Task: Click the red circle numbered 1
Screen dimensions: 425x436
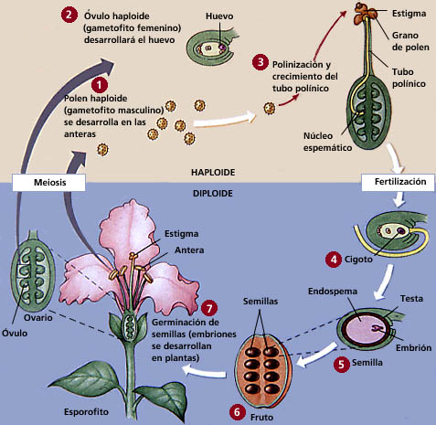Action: coord(113,83)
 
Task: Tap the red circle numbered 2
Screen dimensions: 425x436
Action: coord(69,16)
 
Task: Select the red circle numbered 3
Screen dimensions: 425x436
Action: coord(261,63)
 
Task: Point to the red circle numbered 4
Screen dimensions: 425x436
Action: coord(335,259)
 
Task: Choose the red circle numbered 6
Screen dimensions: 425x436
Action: coord(238,412)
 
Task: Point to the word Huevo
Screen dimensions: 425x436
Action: coord(219,16)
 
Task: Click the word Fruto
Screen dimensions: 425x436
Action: coord(263,412)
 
